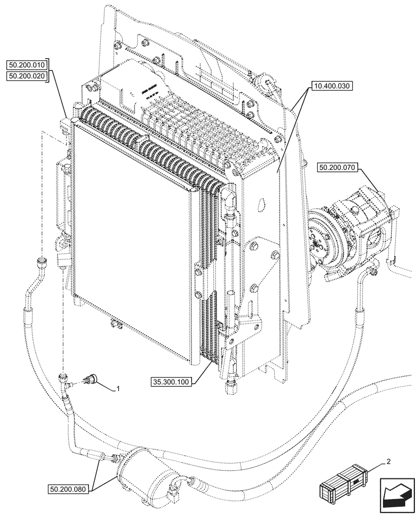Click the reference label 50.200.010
tap(27, 65)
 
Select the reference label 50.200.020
tap(27, 76)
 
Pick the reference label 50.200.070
tap(338, 168)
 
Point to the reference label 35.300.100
tap(171, 382)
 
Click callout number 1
tap(118, 389)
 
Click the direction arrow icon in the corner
tap(397, 495)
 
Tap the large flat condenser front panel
tap(134, 242)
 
